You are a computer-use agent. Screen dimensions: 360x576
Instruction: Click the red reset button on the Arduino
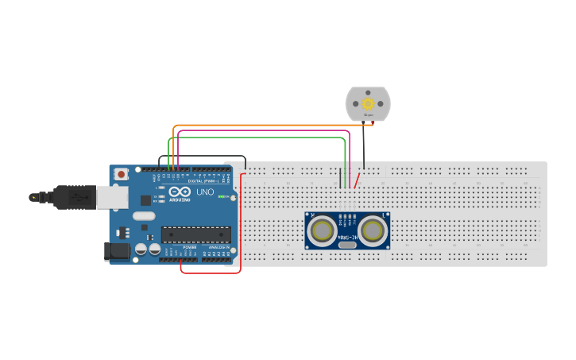(121, 174)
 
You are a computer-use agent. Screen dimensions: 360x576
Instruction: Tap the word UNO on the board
(205, 192)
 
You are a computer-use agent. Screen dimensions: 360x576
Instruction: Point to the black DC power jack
(118, 251)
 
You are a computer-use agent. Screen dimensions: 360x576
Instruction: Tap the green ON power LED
(226, 196)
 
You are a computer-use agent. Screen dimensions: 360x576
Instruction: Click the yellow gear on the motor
(368, 104)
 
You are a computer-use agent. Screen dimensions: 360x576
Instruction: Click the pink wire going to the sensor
(262, 131)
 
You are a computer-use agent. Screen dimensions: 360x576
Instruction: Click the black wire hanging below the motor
(364, 147)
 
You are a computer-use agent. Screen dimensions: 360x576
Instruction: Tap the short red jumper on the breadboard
(358, 180)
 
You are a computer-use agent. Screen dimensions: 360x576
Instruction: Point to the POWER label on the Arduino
(190, 247)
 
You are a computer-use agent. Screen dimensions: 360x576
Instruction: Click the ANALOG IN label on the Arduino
(218, 247)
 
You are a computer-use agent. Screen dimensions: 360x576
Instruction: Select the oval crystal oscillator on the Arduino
(144, 215)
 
